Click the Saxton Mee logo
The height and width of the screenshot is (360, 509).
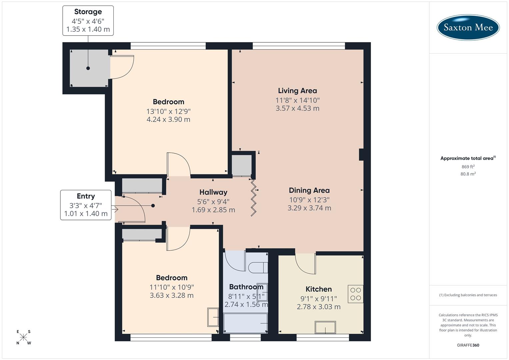[468, 27]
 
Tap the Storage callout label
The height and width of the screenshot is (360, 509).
[88, 21]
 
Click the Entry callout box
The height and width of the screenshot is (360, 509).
[86, 205]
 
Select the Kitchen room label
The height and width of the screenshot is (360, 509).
[319, 289]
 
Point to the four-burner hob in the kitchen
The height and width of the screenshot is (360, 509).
[355, 294]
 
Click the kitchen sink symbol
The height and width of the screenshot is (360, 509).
[325, 327]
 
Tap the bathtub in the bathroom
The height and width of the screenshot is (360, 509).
[245, 323]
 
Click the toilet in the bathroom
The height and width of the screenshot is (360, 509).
[258, 267]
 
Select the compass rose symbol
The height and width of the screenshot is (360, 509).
[23, 337]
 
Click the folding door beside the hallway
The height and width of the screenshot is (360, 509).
[254, 198]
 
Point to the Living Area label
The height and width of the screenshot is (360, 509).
[297, 91]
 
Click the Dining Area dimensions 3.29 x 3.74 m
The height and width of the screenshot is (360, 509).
[309, 208]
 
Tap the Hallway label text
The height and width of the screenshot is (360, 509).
[213, 192]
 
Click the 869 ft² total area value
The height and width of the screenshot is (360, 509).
[468, 167]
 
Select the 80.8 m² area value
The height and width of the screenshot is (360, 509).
[468, 174]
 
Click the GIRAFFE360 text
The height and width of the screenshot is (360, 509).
[468, 345]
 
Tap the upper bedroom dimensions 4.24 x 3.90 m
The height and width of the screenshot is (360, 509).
[168, 119]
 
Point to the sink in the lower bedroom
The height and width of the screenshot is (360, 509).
[213, 317]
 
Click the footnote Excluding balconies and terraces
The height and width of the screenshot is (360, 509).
[468, 295]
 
